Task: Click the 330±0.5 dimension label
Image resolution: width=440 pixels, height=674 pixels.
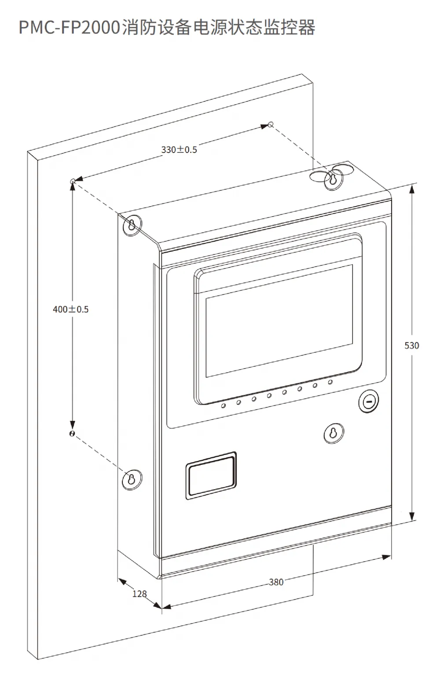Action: coord(179,149)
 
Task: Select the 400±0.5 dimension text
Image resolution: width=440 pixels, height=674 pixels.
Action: coord(71,309)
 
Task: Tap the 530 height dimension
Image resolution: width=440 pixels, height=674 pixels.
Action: coord(412,345)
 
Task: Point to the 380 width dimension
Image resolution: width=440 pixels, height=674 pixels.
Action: coord(276,582)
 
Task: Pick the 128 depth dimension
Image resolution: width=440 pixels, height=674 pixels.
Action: coord(139,594)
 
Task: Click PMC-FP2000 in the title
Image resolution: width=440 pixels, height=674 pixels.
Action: coord(70,27)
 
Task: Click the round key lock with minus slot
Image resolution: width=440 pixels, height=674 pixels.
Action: coord(368,402)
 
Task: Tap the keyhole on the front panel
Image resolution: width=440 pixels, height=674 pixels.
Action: coord(334,433)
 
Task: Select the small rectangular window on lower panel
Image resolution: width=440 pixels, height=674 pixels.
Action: coord(211,476)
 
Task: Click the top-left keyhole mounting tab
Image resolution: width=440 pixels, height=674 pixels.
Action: coord(132,225)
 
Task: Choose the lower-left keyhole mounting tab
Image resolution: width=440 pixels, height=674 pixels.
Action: coord(132,479)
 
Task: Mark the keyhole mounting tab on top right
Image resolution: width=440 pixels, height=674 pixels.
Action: coord(334,180)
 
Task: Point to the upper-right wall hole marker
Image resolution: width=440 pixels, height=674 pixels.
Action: coord(271,124)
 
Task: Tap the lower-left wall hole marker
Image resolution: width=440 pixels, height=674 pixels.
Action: coord(72,434)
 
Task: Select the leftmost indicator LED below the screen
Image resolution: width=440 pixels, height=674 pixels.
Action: coord(224,406)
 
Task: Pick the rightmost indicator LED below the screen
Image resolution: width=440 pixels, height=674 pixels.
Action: coord(330,382)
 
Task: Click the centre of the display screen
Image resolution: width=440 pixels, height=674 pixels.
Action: coord(279,321)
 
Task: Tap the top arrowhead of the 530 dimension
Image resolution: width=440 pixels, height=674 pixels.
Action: coord(412,189)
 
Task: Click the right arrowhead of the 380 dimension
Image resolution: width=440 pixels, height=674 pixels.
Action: coord(386,557)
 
